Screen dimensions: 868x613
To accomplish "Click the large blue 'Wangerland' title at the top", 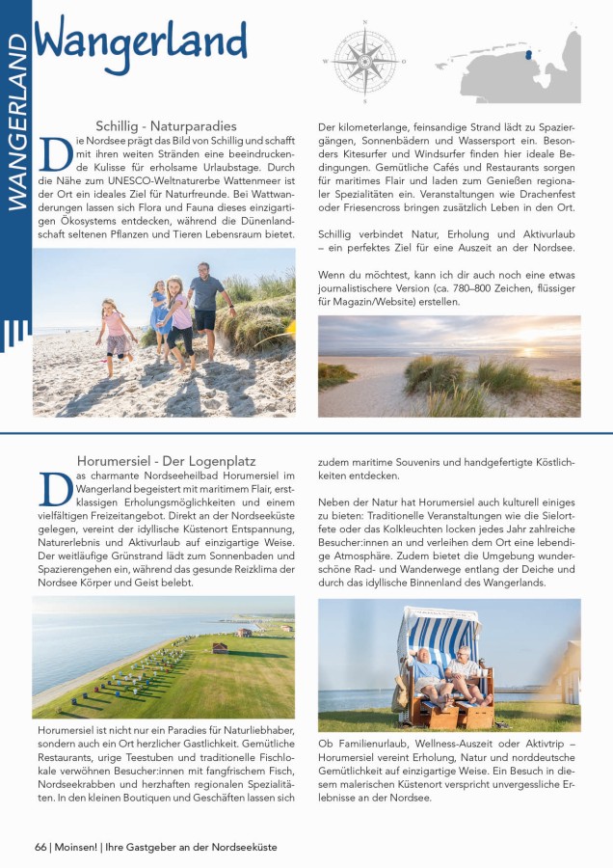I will click(x=141, y=41).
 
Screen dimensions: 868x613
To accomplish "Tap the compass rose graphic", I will click(x=364, y=60).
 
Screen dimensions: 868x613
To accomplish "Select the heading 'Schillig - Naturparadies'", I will click(x=166, y=125).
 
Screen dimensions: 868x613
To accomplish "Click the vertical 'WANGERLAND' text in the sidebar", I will click(x=16, y=125).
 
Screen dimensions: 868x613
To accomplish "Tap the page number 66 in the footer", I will click(x=40, y=847).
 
